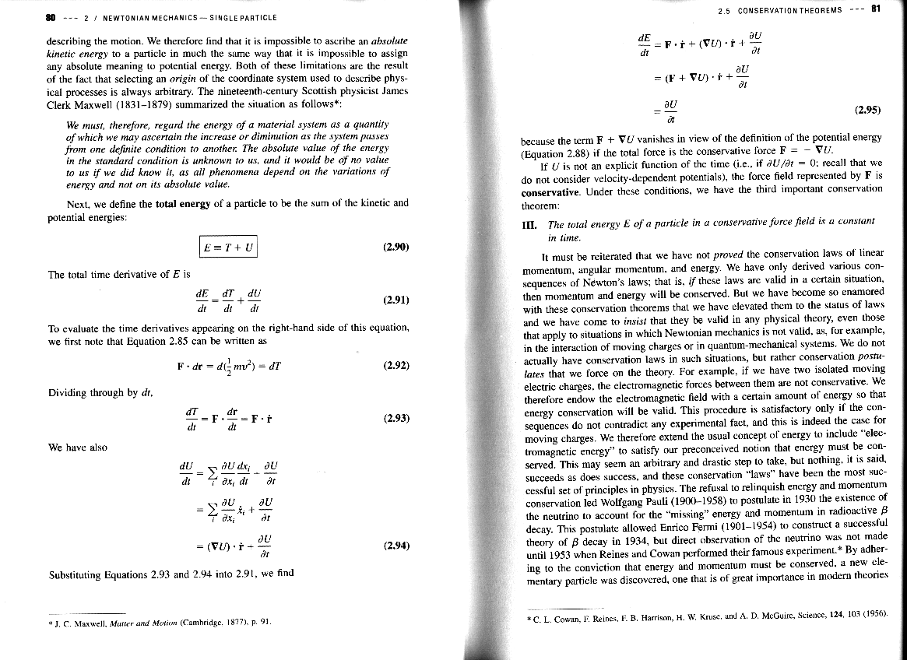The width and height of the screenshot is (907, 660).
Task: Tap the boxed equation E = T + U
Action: pyautogui.click(x=227, y=247)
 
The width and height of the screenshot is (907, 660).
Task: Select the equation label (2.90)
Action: pyautogui.click(x=397, y=247)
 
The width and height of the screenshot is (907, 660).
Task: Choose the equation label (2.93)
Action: pyautogui.click(x=397, y=418)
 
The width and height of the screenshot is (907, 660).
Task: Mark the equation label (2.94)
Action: pyautogui.click(x=397, y=546)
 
